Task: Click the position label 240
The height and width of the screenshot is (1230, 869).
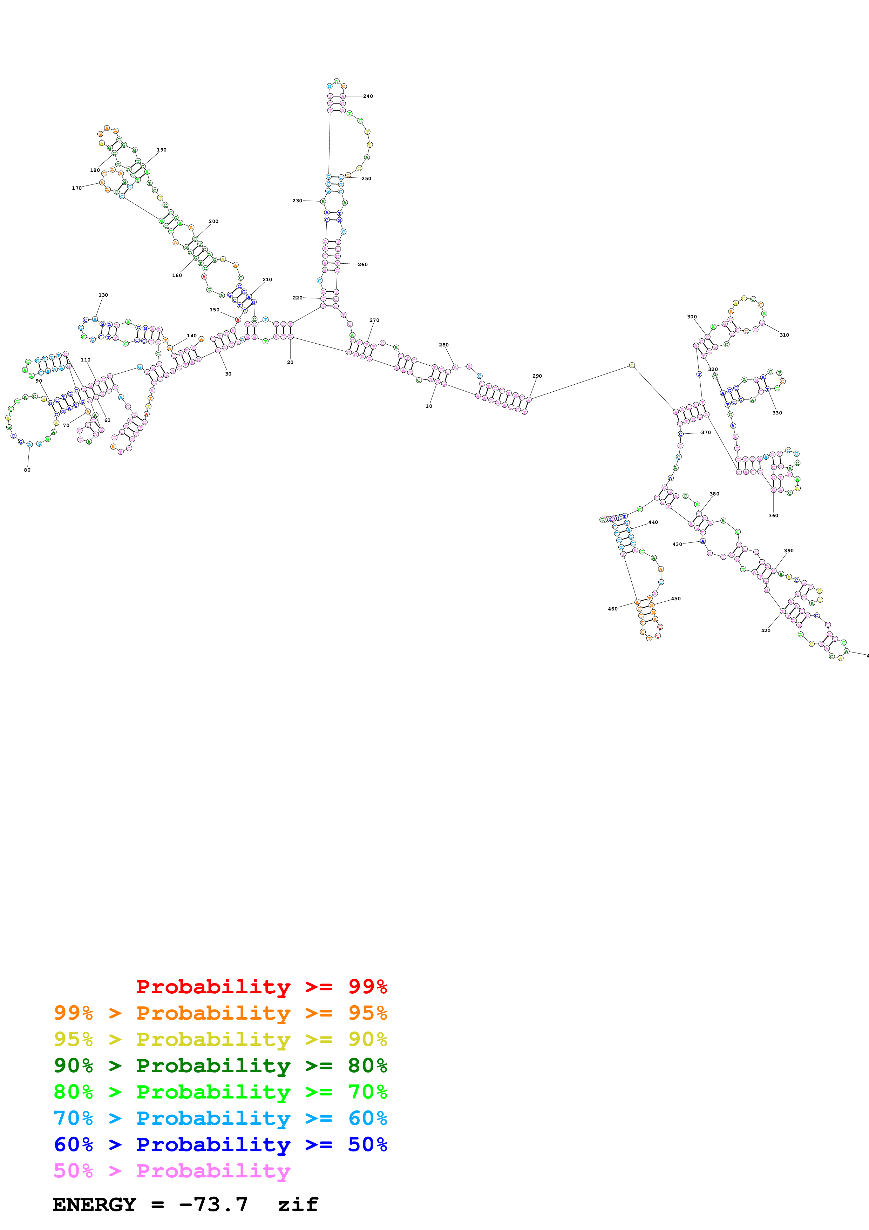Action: [368, 96]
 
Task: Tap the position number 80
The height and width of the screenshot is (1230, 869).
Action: [27, 470]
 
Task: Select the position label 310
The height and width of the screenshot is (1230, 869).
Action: [784, 335]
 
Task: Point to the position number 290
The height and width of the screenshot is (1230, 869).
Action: [537, 376]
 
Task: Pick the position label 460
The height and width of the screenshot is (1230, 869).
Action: [612, 609]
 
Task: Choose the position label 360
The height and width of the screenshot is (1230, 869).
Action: [773, 515]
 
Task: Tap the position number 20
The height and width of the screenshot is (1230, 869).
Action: [290, 362]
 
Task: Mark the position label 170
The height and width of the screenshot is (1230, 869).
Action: [76, 188]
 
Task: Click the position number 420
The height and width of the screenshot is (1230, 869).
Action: [766, 630]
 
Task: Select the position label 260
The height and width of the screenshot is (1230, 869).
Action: [362, 265]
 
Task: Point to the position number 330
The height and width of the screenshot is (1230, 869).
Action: [777, 413]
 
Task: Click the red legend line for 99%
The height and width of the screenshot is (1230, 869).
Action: [261, 987]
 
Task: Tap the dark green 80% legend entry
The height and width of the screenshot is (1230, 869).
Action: [220, 1066]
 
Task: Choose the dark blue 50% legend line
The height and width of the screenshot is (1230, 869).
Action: [220, 1144]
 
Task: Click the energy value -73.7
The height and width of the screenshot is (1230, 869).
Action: [213, 1204]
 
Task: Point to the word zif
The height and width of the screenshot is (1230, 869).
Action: [298, 1204]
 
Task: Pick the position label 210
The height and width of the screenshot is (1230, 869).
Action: [267, 280]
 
